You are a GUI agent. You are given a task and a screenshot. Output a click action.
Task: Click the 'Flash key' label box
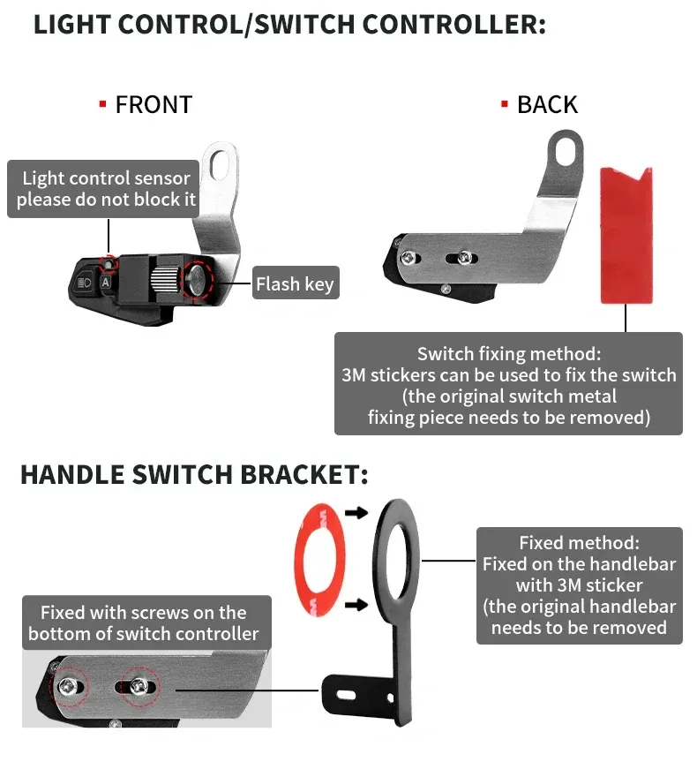296,283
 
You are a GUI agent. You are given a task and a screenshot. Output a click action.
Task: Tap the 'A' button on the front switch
106,283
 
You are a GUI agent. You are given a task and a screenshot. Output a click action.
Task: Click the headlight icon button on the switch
85,283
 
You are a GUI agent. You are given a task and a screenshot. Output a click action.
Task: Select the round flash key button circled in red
198,280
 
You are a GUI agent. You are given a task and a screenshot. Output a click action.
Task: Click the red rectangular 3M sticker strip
626,236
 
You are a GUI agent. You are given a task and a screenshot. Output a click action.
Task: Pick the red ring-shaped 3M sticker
319,560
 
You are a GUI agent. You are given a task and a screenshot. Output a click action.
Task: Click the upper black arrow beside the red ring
356,513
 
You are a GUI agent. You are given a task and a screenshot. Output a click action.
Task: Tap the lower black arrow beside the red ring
356,605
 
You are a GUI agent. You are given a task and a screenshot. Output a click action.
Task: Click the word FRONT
154,104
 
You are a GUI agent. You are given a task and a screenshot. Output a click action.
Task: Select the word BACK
547,104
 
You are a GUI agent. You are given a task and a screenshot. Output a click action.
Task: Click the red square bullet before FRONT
103,104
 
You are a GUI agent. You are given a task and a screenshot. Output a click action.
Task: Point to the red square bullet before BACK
505,104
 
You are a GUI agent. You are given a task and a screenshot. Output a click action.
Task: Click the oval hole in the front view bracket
219,164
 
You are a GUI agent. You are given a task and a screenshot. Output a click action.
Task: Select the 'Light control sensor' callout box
103,189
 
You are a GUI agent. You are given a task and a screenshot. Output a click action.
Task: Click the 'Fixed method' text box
579,585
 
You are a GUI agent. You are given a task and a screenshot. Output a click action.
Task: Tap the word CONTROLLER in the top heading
454,25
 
